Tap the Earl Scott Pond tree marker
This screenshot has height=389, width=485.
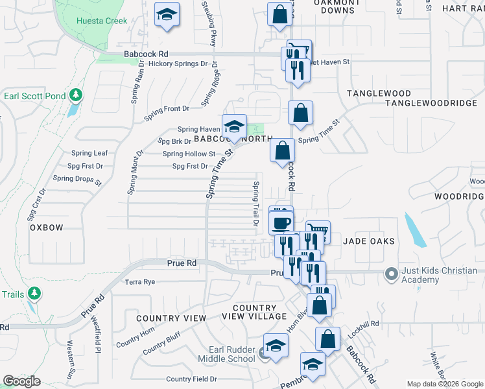[x=76, y=96]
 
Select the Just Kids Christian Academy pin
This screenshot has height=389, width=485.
[x=391, y=274]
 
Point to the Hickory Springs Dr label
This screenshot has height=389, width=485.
[x=178, y=64]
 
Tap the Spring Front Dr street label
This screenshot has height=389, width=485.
[x=167, y=108]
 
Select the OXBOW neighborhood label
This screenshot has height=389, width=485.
[x=47, y=228]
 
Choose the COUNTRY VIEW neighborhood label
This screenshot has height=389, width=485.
[x=171, y=318]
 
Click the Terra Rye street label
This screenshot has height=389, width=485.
[x=140, y=282]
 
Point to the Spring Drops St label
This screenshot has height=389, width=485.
[x=77, y=179]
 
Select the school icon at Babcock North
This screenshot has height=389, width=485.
[x=234, y=125]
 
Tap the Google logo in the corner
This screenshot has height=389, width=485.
[x=21, y=381]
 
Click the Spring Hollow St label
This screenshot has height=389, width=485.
[x=189, y=154]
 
